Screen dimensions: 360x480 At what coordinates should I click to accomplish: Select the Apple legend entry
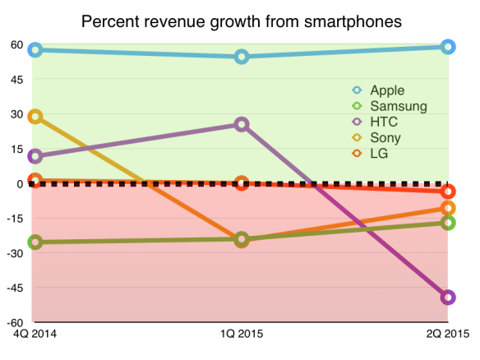click(x=387, y=90)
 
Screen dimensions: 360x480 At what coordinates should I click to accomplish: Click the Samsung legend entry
click(x=398, y=106)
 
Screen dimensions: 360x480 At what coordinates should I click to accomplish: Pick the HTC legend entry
click(x=384, y=122)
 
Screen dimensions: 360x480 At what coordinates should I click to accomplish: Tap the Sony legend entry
click(x=385, y=137)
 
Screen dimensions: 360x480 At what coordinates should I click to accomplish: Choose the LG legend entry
click(x=379, y=153)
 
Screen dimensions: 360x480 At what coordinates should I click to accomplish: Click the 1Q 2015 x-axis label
click(x=242, y=335)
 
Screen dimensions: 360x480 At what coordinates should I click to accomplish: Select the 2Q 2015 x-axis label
click(x=448, y=335)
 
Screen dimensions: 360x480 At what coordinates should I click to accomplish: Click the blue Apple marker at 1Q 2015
click(x=242, y=57)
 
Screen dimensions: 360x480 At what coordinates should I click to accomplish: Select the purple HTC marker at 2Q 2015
click(x=448, y=298)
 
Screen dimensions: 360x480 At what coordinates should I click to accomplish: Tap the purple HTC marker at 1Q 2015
click(x=242, y=125)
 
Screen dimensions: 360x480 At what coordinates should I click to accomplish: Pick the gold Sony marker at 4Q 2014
click(x=35, y=117)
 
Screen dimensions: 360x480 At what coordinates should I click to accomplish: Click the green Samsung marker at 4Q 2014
click(x=35, y=242)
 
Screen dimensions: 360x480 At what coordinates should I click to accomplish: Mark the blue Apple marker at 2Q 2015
click(x=448, y=47)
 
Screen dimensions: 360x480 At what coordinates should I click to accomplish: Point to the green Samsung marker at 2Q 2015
click(x=448, y=223)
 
